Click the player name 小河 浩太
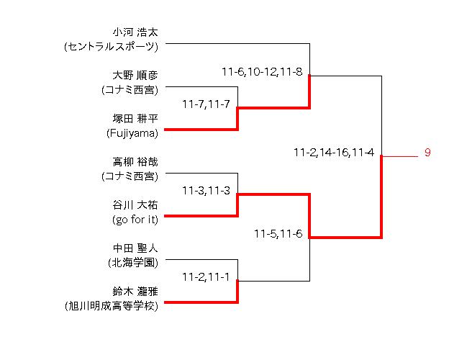[x=135, y=32]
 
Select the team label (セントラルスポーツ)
[x=111, y=47]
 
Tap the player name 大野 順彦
[x=135, y=76]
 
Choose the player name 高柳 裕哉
[x=135, y=162]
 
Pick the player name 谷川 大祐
[x=135, y=205]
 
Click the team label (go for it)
[x=135, y=220]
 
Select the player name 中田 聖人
[x=135, y=248]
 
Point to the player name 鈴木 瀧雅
[x=135, y=292]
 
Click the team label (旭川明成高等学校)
[x=111, y=306]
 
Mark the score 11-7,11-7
[x=206, y=104]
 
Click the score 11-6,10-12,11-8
[x=262, y=72]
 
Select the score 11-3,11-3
[x=206, y=191]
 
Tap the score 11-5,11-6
[x=278, y=234]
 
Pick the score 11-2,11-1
[x=206, y=277]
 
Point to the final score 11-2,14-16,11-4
[x=334, y=153]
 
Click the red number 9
[x=427, y=153]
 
